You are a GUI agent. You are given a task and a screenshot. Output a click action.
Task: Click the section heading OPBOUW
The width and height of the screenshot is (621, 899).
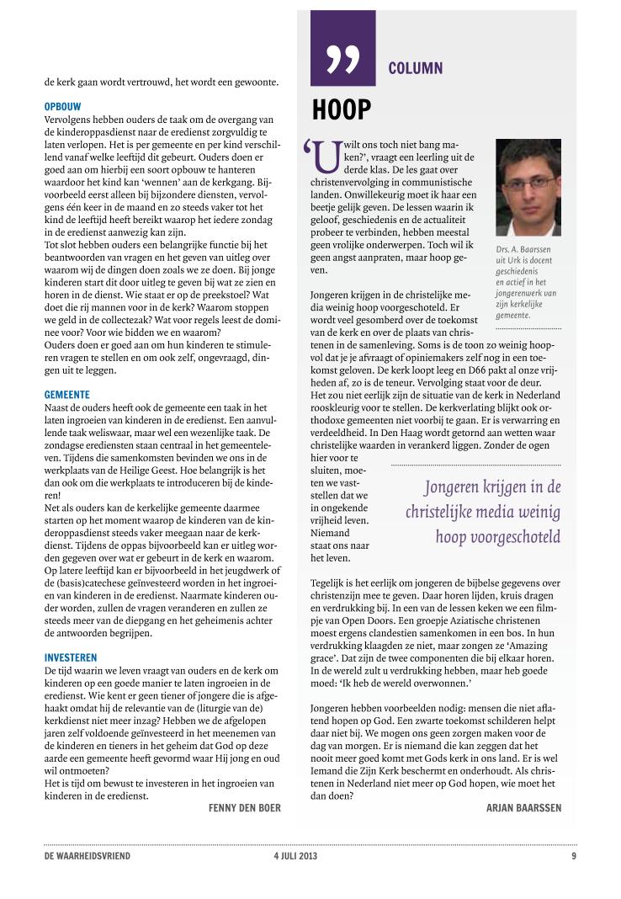pos(64,107)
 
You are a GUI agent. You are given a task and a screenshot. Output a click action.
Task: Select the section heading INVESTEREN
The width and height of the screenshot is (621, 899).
pos(71,657)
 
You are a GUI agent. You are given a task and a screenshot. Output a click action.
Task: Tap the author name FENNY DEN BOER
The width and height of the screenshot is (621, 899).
pos(244,807)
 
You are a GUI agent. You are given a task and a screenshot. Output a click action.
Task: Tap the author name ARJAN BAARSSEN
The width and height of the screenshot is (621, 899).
pos(523,807)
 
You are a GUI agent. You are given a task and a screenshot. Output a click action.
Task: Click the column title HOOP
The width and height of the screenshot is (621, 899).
pos(341,110)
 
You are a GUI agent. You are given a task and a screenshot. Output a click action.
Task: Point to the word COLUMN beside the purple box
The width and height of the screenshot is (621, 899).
pos(415,68)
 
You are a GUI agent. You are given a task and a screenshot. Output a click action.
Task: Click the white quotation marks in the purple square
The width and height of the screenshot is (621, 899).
pos(342,60)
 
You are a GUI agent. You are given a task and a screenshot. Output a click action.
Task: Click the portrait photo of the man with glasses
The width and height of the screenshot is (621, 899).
pos(528,187)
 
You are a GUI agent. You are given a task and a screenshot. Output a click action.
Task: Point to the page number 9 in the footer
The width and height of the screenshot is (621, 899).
pos(573,856)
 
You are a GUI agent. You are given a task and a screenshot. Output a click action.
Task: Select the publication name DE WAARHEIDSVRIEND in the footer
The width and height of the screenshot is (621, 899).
pos(88,856)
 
